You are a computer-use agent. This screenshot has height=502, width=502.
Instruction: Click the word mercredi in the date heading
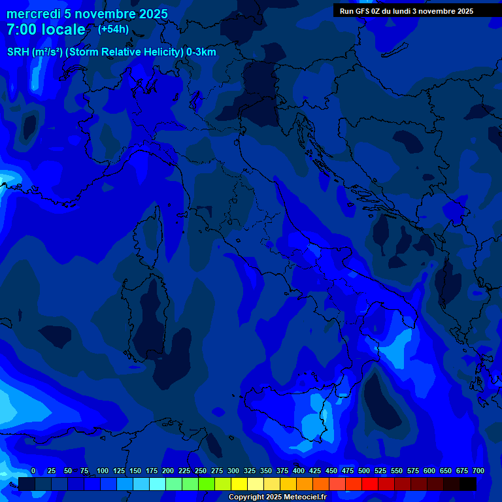pyautogui.click(x=33, y=14)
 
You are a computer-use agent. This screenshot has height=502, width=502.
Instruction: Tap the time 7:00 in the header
pyautogui.click(x=24, y=29)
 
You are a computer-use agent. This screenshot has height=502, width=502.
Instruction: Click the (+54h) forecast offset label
pyautogui.click(x=113, y=29)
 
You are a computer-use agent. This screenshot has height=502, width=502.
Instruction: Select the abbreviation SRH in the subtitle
pyautogui.click(x=18, y=52)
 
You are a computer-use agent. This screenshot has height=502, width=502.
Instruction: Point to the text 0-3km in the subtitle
pyautogui.click(x=201, y=52)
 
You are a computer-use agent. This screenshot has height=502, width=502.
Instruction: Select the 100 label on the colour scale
pyautogui.click(x=103, y=471)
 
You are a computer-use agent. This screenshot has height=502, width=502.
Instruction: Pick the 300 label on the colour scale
pyautogui.click(x=233, y=471)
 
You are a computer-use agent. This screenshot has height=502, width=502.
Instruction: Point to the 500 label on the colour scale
pyautogui.click(x=364, y=471)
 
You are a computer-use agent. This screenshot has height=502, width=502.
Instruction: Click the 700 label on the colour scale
pyautogui.click(x=478, y=471)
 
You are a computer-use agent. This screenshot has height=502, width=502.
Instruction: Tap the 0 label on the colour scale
pyautogui.click(x=33, y=471)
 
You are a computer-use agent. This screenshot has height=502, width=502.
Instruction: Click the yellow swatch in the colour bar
pyautogui.click(x=239, y=484)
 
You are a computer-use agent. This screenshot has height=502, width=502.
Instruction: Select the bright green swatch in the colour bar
pyautogui.click(x=207, y=484)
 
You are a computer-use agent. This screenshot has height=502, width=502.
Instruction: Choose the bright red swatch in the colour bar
pyautogui.click(x=370, y=484)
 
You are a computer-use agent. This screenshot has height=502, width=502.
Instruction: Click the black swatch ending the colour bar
pyautogui.click(x=468, y=484)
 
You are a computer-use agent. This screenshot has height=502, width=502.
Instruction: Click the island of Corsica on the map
pyautogui.click(x=148, y=242)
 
